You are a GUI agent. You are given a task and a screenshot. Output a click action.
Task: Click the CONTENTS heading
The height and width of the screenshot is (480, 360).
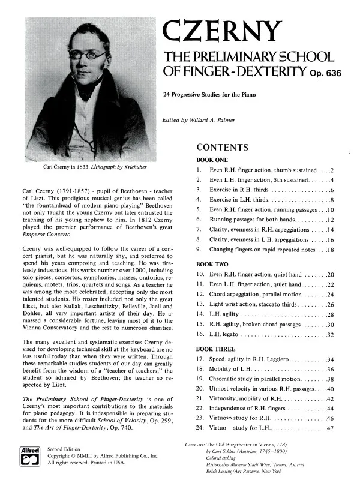click(223, 148)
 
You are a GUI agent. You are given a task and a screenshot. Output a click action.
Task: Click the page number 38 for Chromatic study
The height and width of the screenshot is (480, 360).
click(329, 379)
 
